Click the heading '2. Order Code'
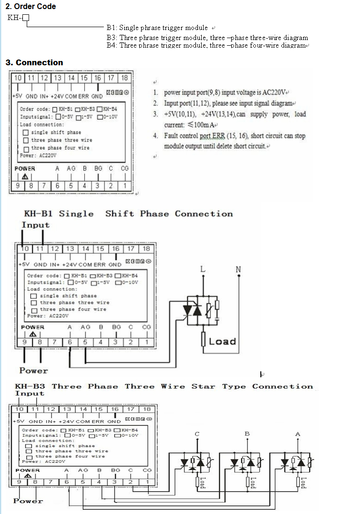pos(31,6)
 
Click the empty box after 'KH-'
pos(26,18)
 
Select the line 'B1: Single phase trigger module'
pos(157,28)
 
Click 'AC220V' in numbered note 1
pos(277,92)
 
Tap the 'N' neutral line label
pos(238,270)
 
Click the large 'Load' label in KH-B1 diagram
pos(222,341)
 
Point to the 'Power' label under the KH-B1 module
pos(33,370)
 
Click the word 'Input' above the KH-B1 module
pos(35,225)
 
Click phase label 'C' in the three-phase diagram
pos(197,434)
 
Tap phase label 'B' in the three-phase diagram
pos(247,433)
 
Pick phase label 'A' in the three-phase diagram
pos(298,434)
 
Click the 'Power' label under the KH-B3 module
pos(28,501)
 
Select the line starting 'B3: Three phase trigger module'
pos(207,37)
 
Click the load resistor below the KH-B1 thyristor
pos(204,340)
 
